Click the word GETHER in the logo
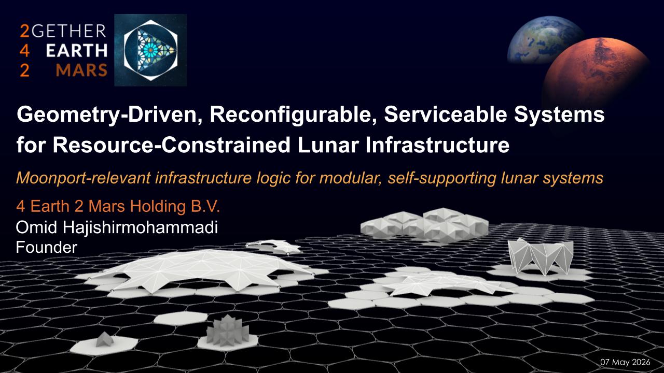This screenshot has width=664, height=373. [69, 31]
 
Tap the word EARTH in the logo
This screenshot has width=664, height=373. [77, 51]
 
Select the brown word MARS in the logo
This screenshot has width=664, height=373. [81, 70]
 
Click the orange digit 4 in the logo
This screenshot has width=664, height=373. [24, 51]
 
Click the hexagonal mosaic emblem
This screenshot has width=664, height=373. [150, 50]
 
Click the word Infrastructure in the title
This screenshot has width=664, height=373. [437, 145]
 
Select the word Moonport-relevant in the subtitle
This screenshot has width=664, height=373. [84, 178]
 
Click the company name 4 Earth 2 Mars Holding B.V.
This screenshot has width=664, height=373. [118, 206]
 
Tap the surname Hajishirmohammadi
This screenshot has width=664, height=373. [141, 228]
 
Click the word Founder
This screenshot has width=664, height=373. [47, 247]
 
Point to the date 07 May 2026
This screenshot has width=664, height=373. [625, 362]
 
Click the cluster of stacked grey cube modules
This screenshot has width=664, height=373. [424, 224]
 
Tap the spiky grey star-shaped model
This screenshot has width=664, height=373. [227, 331]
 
